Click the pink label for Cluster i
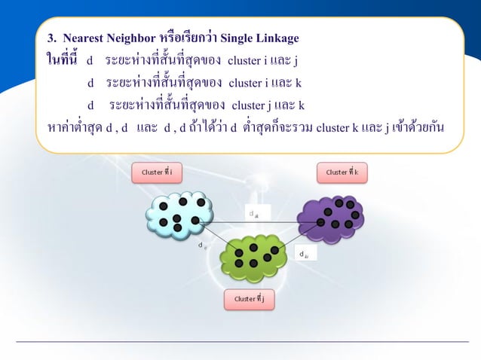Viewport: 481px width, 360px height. point(157,172)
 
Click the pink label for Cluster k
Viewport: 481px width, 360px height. point(342,172)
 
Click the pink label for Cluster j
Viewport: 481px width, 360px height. point(250,299)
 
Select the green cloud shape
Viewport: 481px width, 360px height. point(253,258)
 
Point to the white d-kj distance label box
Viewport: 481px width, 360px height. point(305,254)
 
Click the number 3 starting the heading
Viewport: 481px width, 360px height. point(51,38)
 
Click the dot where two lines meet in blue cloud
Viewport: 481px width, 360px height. point(195,221)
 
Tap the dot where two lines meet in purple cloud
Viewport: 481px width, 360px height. point(321,222)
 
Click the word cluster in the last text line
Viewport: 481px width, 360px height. point(332,126)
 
